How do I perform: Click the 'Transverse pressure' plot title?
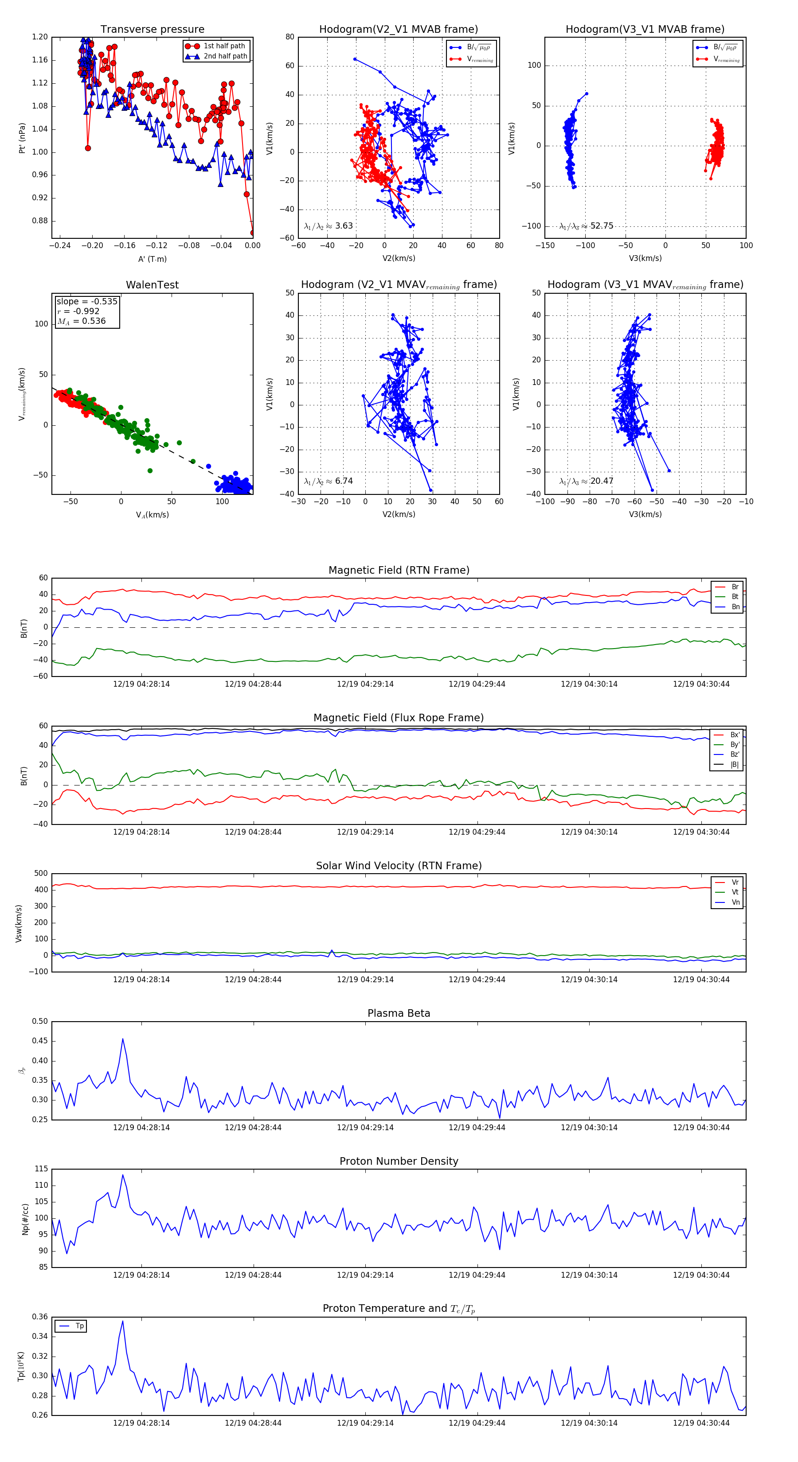(x=152, y=30)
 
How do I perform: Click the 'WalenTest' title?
(x=152, y=285)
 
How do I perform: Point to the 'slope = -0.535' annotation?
(x=87, y=301)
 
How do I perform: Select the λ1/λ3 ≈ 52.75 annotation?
(x=586, y=226)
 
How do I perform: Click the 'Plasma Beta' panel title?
(x=399, y=1013)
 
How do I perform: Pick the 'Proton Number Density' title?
(x=399, y=1161)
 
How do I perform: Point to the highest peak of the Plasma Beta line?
(x=123, y=1039)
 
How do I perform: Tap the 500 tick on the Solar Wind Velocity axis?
(x=40, y=874)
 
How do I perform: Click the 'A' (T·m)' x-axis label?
(x=152, y=259)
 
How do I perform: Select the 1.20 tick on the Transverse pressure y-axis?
(x=40, y=37)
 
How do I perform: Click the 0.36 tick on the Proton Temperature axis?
(x=40, y=1317)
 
